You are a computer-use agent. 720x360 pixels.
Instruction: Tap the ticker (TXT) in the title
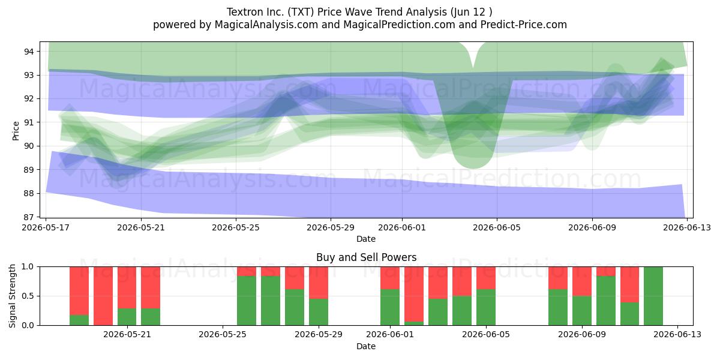coord(301,12)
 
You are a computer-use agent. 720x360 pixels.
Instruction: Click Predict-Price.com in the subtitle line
coord(524,25)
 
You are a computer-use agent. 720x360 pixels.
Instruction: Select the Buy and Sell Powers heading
coord(366,257)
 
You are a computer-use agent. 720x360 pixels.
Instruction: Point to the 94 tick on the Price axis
coord(29,52)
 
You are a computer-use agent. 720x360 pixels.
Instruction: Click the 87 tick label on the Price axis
coord(29,217)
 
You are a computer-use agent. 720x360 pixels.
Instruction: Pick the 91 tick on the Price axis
coord(29,122)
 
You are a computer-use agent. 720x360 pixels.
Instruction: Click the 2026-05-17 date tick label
coord(46,227)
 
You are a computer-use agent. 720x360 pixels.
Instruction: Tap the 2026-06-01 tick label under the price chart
coord(402,227)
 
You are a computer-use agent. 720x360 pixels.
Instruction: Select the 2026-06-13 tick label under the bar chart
coord(677,335)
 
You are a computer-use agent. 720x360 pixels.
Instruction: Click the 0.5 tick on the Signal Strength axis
coord(28,296)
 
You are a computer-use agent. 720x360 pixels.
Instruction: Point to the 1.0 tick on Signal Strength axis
coord(28,267)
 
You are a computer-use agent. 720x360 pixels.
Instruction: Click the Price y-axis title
coord(16,131)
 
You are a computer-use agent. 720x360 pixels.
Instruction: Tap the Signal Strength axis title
coord(12,296)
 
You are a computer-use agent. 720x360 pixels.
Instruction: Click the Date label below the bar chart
coord(366,347)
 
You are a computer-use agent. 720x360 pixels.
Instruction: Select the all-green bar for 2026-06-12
coord(653,296)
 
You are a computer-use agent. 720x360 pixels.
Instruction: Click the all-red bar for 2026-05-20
coord(103,296)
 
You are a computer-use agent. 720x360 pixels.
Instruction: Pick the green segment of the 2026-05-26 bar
coord(247,301)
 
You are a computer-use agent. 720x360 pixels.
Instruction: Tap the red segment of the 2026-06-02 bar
coord(413,294)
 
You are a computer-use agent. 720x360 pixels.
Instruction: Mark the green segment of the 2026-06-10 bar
coord(606,301)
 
